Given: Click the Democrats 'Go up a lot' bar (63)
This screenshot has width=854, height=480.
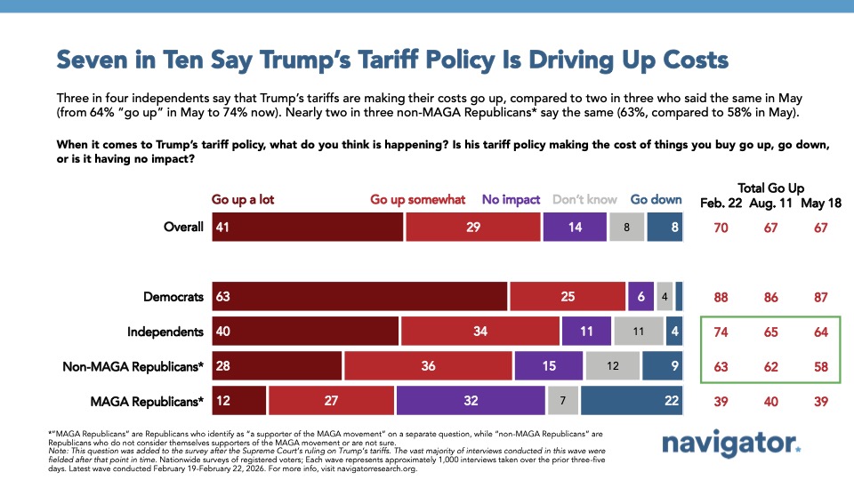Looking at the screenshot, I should coord(359,296).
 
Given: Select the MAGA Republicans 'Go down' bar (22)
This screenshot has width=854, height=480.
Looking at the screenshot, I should coord(632,400).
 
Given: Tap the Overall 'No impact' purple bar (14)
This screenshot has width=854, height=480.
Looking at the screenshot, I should coord(575,227).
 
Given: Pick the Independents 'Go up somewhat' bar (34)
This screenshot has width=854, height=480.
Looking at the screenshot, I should coord(480,332).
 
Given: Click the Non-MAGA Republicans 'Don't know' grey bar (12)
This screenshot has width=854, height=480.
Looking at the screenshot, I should coord(612,365).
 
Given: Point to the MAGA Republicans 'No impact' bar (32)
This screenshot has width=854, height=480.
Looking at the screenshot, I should coord(471,400).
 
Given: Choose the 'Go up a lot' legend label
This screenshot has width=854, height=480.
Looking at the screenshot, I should coord(242,199).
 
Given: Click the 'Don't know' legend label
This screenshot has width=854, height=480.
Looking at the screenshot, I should coord(585,199).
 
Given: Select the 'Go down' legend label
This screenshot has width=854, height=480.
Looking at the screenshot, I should coord(657,199).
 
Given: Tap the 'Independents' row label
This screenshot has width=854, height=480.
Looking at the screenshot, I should coord(166,332).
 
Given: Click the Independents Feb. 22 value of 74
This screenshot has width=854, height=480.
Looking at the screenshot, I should coord(721,332).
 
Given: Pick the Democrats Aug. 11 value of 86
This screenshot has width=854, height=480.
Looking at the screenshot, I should coord(770,296).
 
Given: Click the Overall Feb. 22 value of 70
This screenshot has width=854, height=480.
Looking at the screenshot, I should coord(721,227).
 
